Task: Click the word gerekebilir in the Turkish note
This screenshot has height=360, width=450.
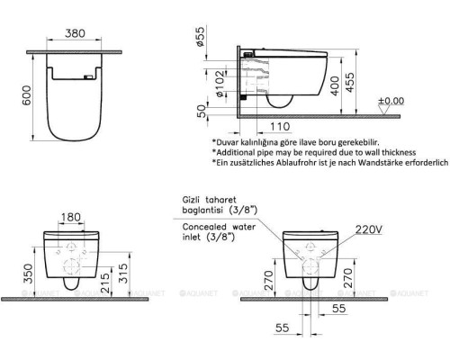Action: (370, 142)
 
